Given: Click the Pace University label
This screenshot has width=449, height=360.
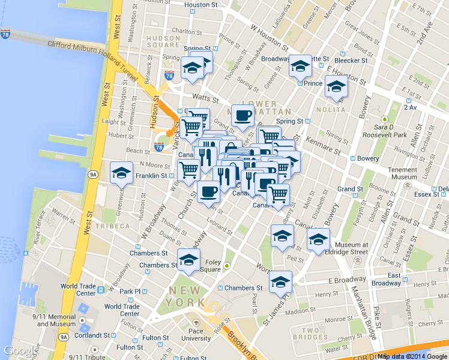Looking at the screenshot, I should pyautogui.click(x=196, y=334).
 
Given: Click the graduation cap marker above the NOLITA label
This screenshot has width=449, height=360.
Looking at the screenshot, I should pyautogui.click(x=336, y=88).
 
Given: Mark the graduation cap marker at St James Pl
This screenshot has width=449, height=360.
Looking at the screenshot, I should pyautogui.click(x=280, y=281).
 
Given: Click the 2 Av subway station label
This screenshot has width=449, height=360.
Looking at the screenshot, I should pyautogui.click(x=411, y=107).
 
